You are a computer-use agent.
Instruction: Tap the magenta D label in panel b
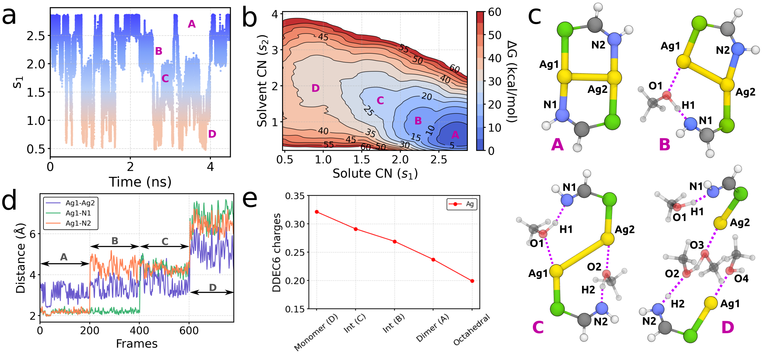(x=315, y=88)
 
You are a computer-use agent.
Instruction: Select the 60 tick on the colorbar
(x=494, y=12)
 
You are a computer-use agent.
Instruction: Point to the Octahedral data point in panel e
(x=472, y=281)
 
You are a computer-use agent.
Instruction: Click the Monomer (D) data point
(x=316, y=212)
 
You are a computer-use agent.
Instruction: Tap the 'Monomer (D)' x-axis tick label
(x=316, y=332)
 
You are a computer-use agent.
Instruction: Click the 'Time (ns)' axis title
(x=140, y=182)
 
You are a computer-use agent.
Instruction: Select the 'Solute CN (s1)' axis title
(x=375, y=173)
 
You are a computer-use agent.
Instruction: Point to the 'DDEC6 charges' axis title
(x=277, y=252)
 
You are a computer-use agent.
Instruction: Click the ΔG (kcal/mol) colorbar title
(x=512, y=81)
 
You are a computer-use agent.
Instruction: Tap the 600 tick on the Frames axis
(x=189, y=331)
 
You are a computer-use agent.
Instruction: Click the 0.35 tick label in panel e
(x=295, y=196)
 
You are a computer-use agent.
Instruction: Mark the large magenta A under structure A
(x=557, y=144)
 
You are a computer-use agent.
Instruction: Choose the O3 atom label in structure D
(x=697, y=245)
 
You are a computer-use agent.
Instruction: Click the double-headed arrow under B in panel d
(x=115, y=246)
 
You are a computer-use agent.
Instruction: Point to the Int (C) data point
(x=356, y=229)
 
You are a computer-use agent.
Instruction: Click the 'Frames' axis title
(x=137, y=344)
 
